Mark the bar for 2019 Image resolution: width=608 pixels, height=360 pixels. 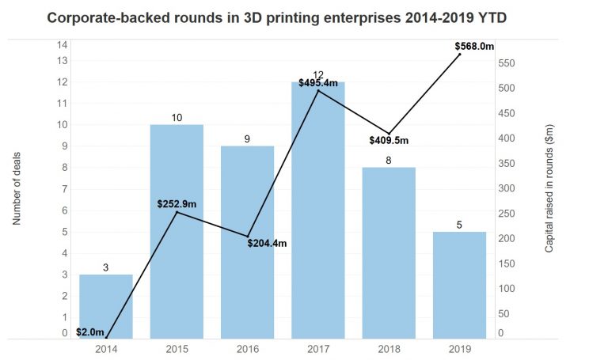(x=459, y=285)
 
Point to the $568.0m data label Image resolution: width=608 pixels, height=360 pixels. (x=473, y=47)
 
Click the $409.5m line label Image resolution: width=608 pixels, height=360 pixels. (x=389, y=141)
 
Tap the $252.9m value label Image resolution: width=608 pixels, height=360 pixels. (x=177, y=204)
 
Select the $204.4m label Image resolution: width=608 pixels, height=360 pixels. (x=267, y=243)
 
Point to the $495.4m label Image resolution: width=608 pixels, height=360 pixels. (x=318, y=83)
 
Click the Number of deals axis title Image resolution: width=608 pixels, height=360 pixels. (x=17, y=188)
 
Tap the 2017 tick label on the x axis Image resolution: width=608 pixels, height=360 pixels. (x=317, y=348)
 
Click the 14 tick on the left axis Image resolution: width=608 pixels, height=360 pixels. (x=63, y=45)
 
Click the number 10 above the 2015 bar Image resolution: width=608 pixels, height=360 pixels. (x=177, y=118)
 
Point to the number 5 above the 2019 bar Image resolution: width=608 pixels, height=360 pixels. (x=459, y=225)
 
